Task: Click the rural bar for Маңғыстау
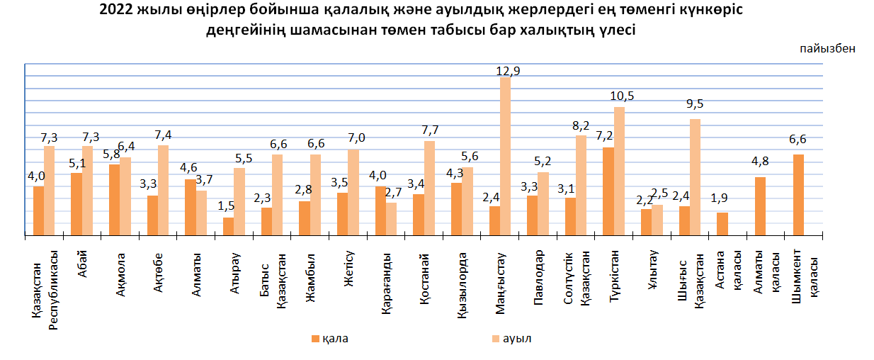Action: [x=506, y=156]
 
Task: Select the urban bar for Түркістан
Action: [x=608, y=191]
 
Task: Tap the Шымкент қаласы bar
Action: [x=798, y=195]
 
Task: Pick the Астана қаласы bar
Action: [x=722, y=224]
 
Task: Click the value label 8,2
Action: [x=581, y=126]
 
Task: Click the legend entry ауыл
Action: [x=516, y=339]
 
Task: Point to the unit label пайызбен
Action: [x=828, y=49]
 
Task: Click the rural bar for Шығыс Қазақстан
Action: [x=696, y=177]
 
